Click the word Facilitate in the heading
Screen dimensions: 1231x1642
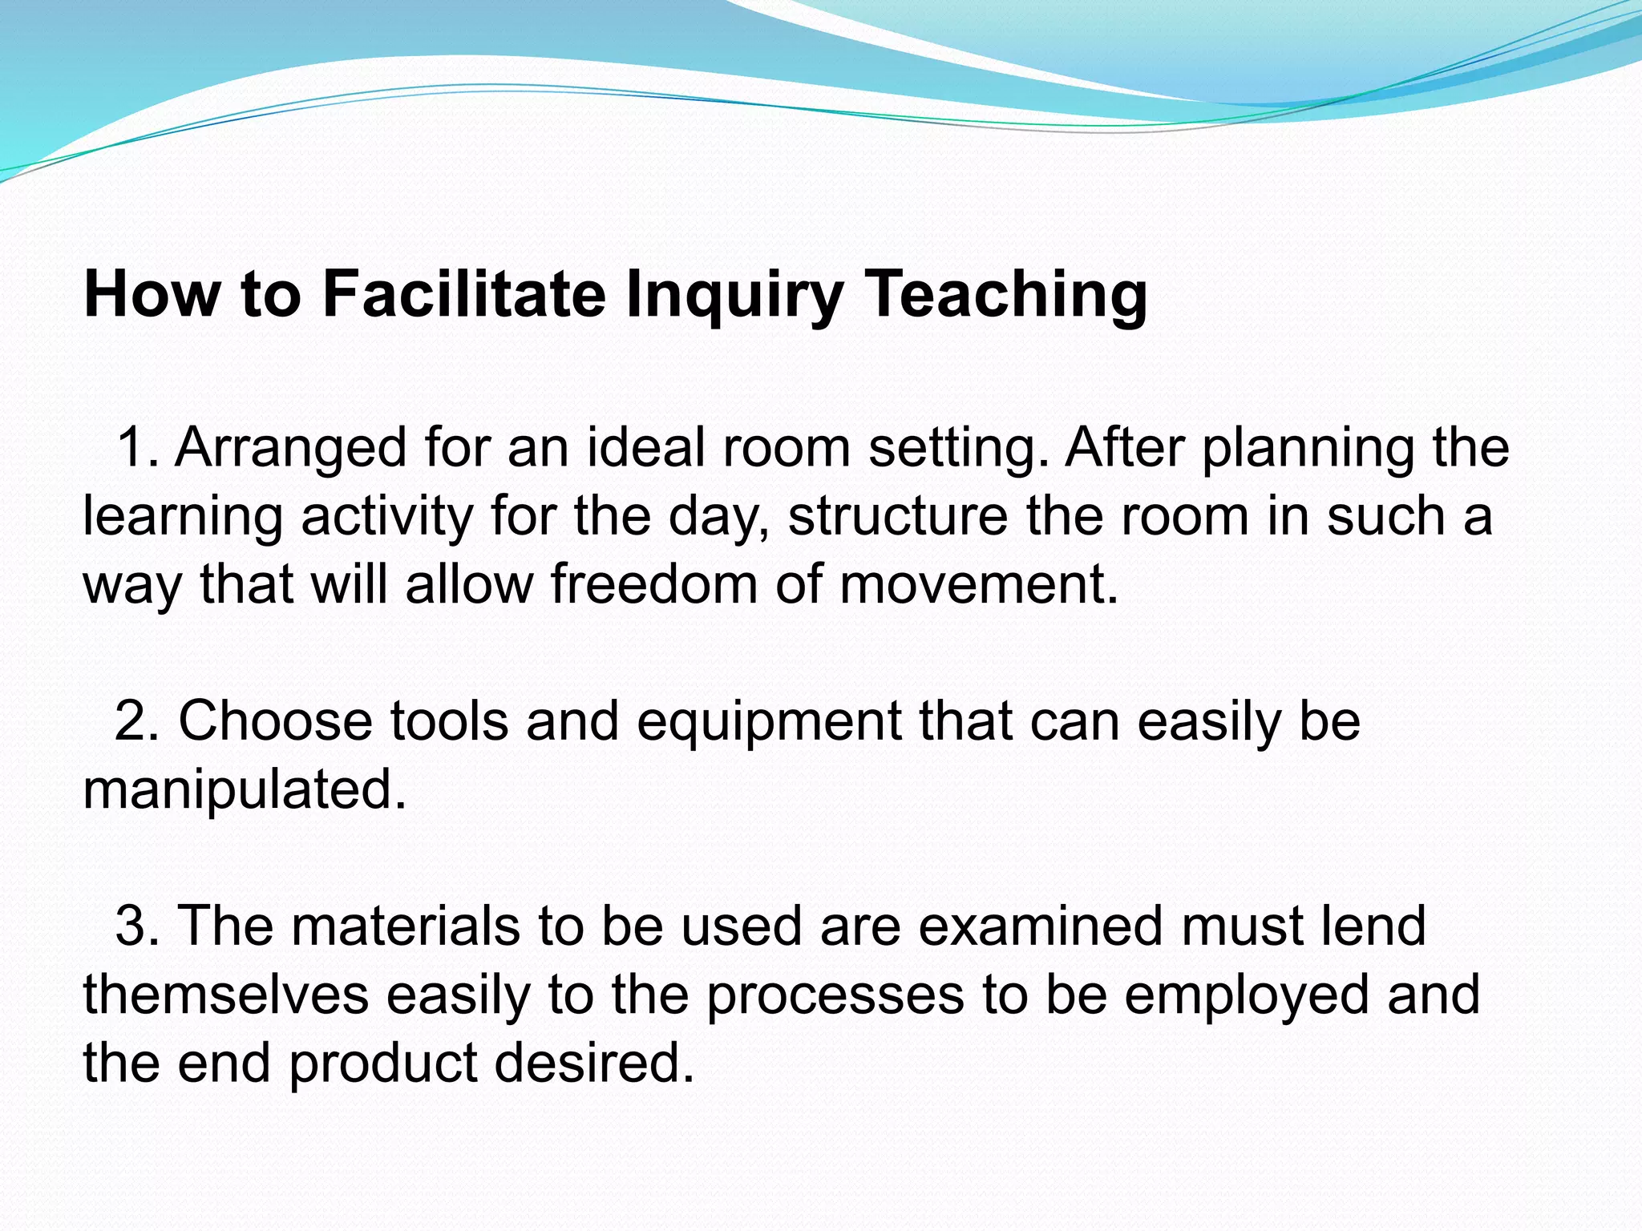(464, 294)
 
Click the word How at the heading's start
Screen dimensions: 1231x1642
(152, 294)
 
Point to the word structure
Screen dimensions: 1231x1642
(897, 515)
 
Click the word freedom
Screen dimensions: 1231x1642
(653, 583)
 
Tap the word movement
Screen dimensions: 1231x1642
(978, 583)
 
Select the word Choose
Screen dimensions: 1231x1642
(275, 720)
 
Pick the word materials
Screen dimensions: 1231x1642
(405, 926)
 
